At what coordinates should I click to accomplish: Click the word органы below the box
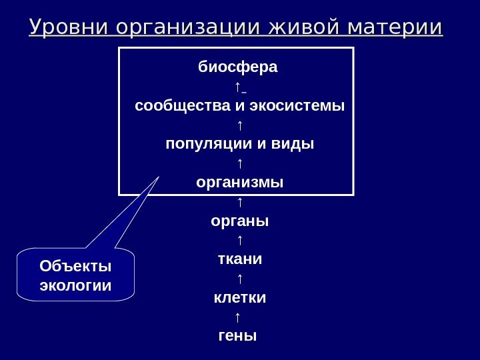239,220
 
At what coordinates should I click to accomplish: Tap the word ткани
239,258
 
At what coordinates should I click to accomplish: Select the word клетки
239,296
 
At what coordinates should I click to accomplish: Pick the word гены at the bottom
237,335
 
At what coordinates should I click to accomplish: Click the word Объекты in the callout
76,267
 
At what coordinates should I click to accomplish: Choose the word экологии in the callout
76,285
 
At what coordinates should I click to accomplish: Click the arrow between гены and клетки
238,315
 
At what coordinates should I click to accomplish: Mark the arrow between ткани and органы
238,239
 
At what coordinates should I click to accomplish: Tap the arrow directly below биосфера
237,87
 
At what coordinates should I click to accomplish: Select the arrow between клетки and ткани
238,277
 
